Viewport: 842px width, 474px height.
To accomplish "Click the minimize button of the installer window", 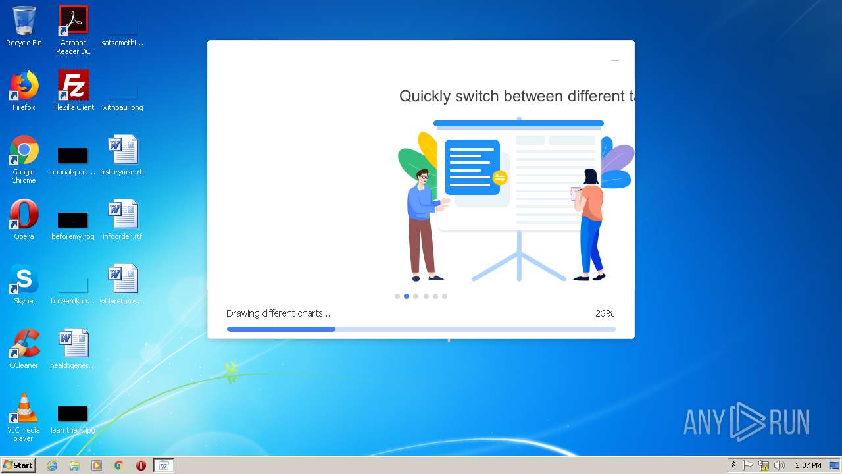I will coord(615,61).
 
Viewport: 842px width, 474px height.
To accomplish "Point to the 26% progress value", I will coord(605,313).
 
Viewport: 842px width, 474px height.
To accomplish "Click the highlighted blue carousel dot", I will coord(407,296).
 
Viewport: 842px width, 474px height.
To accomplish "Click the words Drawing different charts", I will coord(278,313).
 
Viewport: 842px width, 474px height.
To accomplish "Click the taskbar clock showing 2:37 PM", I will coord(808,465).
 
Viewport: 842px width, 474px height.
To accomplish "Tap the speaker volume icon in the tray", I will coord(780,465).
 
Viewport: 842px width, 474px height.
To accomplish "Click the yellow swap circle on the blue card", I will coord(500,178).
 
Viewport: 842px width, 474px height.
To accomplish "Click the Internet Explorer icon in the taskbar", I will coord(53,465).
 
